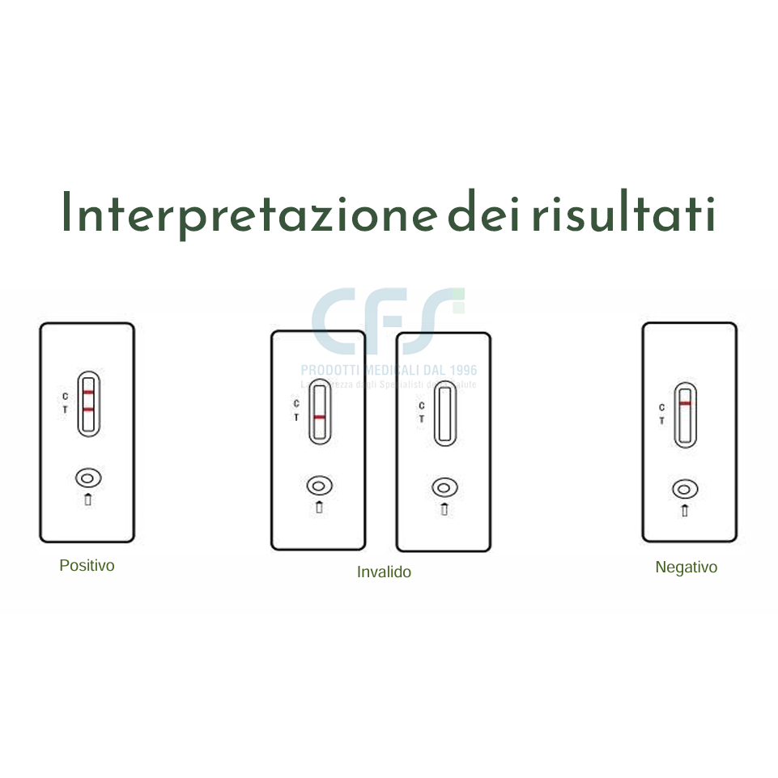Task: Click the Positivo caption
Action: point(87,566)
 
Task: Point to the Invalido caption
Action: point(384,572)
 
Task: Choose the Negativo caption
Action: point(686,568)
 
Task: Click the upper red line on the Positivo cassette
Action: point(88,392)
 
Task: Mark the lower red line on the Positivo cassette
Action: point(88,410)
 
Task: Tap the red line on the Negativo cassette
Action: point(686,402)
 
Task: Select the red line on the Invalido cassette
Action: point(320,417)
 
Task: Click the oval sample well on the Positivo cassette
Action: point(88,476)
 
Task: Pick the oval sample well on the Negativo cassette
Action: point(686,489)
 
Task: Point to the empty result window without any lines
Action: point(444,414)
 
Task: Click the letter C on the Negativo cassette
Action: point(662,407)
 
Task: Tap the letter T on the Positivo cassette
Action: point(66,410)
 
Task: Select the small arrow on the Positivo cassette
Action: point(88,499)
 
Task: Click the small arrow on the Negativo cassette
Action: point(686,510)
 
